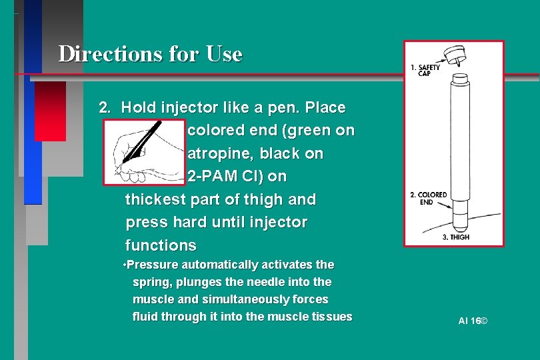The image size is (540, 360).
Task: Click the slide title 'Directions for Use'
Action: [150, 53]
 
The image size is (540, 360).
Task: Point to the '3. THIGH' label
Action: [456, 237]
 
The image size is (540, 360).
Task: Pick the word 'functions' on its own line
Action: [161, 245]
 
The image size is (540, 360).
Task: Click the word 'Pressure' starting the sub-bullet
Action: [153, 265]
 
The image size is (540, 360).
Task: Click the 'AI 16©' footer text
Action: [473, 321]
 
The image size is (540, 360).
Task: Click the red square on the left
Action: [50, 111]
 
